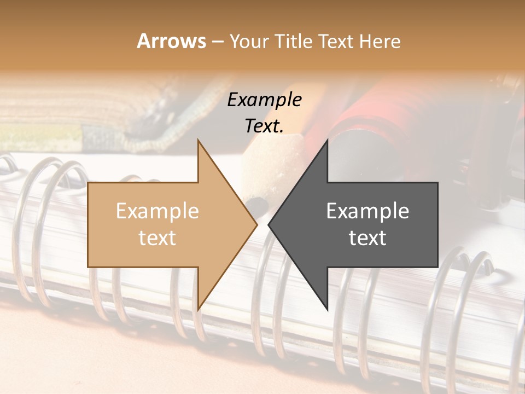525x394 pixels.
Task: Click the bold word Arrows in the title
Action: point(172,41)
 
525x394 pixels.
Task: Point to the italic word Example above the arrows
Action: point(265,100)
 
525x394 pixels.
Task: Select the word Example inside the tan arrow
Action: point(157,211)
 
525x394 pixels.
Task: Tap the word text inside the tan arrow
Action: point(157,238)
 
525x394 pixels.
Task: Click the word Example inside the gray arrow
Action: point(367,211)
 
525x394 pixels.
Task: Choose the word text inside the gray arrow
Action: point(367,238)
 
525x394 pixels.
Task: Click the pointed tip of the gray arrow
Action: point(269,224)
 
